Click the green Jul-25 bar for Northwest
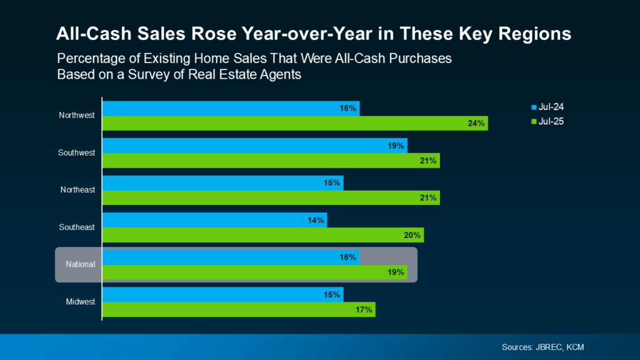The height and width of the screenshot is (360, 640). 294,123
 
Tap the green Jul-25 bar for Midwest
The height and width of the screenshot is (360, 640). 238,309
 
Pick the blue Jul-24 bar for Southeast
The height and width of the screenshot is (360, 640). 214,220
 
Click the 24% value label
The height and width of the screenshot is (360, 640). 476,123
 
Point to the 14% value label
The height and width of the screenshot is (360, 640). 316,220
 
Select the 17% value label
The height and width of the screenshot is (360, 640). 364,309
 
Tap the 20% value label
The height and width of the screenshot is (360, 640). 412,235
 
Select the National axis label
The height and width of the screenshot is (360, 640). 81,264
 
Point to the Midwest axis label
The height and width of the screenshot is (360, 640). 80,302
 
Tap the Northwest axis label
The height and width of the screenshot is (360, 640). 77,116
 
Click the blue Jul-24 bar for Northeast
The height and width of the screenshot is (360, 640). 222,183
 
